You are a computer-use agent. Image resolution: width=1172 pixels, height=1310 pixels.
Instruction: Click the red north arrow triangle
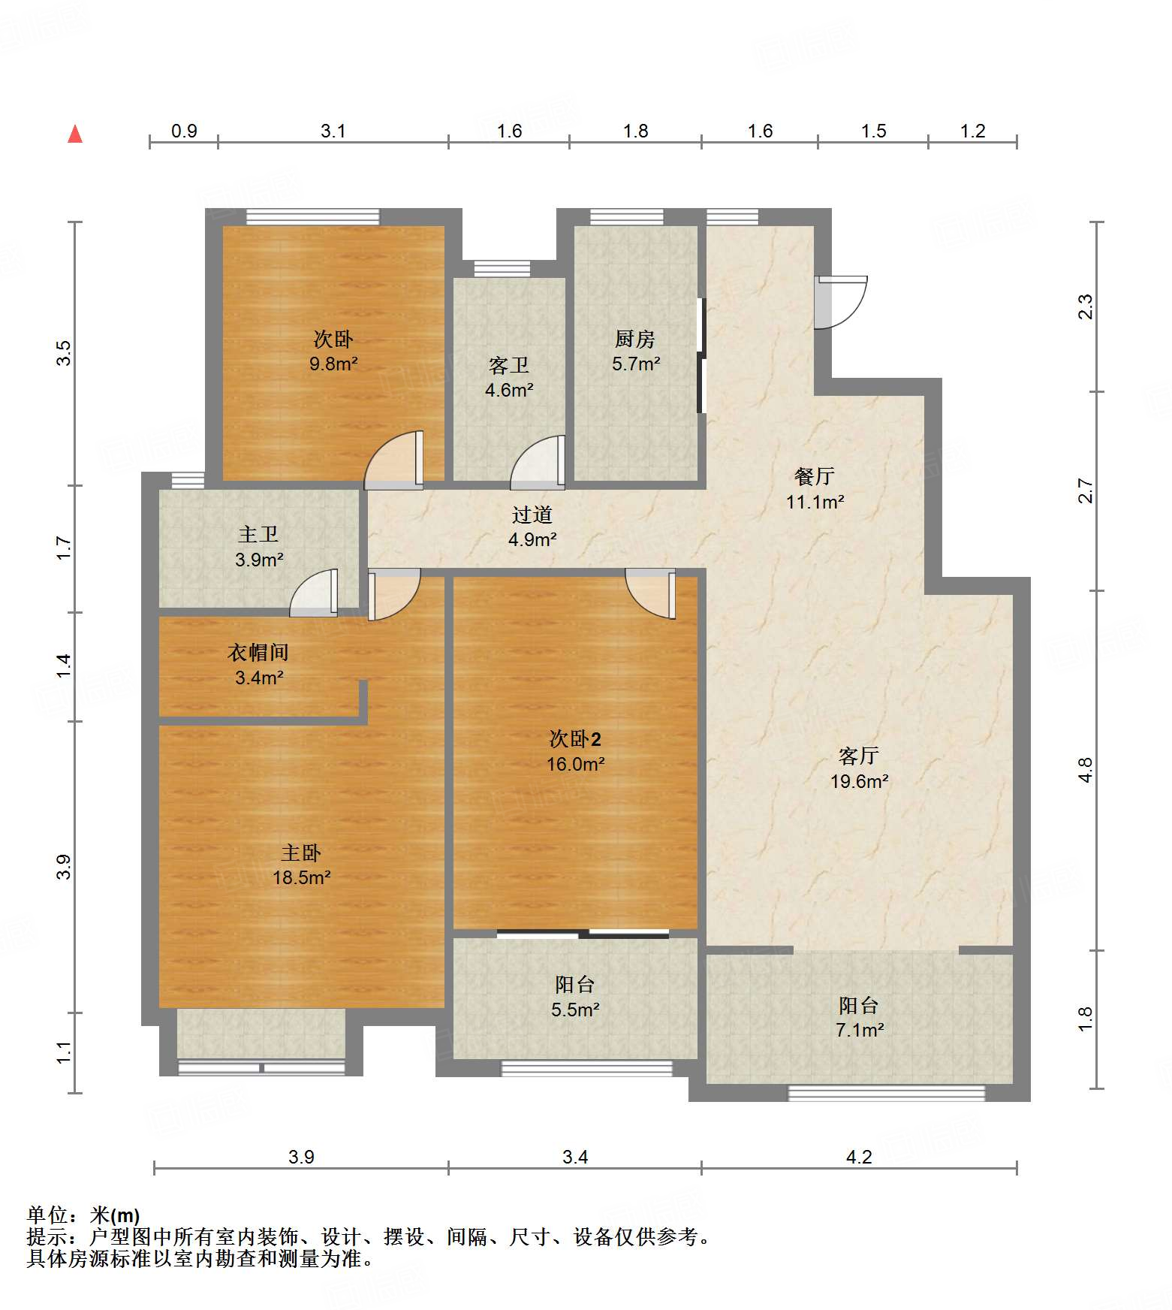(x=75, y=134)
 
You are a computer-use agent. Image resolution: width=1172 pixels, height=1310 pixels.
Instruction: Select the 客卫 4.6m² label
(x=509, y=377)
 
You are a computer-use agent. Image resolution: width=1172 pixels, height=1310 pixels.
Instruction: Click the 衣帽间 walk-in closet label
(x=258, y=664)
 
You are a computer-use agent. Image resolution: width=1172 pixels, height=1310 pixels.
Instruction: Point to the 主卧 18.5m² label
(x=301, y=865)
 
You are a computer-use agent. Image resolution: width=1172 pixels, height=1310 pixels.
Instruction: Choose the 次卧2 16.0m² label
(x=575, y=751)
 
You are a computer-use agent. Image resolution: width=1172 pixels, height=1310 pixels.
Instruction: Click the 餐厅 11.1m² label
(x=815, y=488)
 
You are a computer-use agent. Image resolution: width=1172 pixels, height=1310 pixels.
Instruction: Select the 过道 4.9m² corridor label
(x=532, y=526)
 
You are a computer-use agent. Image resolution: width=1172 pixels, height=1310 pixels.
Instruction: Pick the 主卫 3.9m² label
(x=258, y=546)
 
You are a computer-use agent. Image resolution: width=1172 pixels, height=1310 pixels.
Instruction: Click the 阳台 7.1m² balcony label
(x=859, y=1017)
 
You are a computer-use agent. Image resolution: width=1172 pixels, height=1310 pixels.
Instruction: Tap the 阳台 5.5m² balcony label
(x=575, y=997)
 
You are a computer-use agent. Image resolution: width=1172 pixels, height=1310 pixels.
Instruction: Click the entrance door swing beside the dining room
(x=842, y=301)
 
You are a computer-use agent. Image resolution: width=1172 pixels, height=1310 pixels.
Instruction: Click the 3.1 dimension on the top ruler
(x=333, y=131)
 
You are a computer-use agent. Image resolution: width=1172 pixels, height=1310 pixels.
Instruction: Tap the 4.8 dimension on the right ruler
(x=1086, y=770)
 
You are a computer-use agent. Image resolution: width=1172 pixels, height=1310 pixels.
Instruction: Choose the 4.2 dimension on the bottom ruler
(x=859, y=1157)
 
